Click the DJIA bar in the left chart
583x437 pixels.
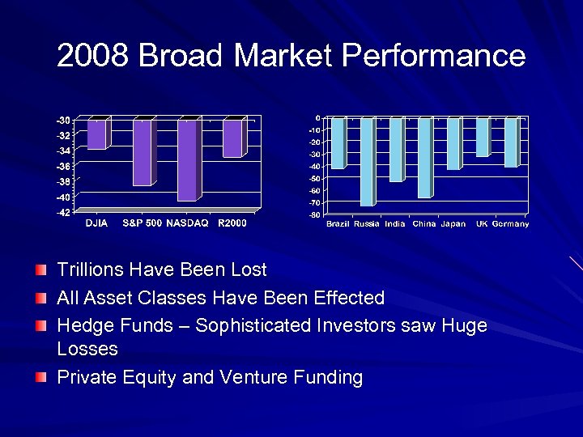tap(96, 134)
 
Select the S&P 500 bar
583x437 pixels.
tap(142, 152)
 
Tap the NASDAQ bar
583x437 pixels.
tap(187, 159)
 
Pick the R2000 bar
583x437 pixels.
tap(232, 138)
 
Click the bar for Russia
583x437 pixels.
tap(367, 161)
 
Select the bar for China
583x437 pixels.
tap(424, 157)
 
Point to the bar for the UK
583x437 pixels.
tap(483, 137)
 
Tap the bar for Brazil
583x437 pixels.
tap(338, 142)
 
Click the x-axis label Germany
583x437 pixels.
tap(510, 224)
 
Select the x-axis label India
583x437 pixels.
tap(395, 224)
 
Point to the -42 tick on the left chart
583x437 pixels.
tap(62, 212)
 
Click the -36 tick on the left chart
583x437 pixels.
tap(62, 166)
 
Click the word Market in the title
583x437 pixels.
tap(283, 56)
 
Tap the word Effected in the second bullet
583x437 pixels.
tap(347, 298)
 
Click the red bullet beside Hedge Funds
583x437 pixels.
tap(41, 325)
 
